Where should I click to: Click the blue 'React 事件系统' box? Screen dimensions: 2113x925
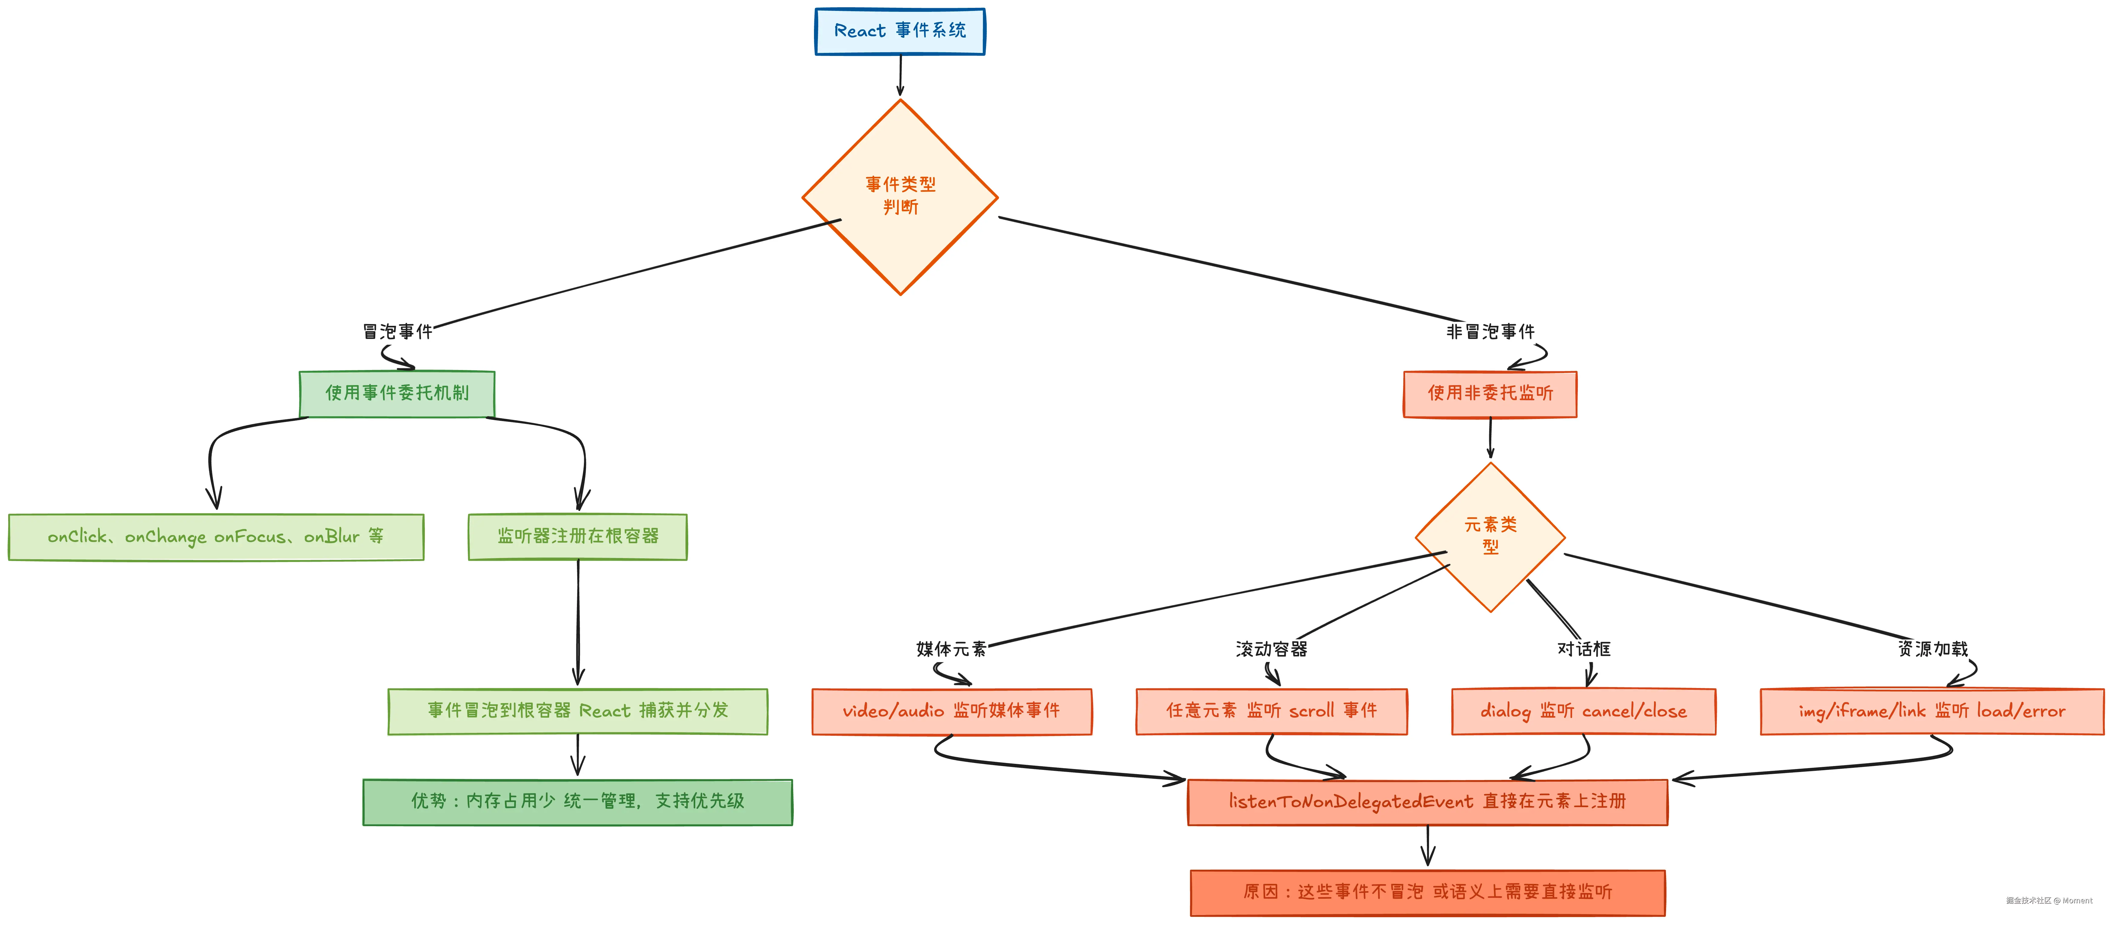(x=900, y=31)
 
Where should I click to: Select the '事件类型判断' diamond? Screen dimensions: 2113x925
(x=900, y=197)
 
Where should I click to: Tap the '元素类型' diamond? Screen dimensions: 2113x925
(x=1490, y=537)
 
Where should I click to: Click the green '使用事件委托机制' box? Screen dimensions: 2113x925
(x=397, y=394)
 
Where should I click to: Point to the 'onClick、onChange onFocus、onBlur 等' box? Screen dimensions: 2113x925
(x=216, y=537)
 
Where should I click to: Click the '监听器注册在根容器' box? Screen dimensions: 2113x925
(x=578, y=537)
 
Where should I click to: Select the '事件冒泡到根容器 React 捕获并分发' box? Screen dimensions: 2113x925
(x=578, y=711)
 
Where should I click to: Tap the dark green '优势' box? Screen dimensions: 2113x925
(x=578, y=802)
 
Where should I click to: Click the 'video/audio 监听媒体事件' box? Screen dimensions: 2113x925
(x=952, y=711)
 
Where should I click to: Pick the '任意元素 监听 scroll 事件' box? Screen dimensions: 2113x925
(x=1271, y=711)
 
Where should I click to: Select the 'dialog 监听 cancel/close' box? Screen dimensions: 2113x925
(x=1583, y=711)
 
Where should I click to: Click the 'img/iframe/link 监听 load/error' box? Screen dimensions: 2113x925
(x=1932, y=711)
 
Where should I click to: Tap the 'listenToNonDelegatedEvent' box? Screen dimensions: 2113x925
(x=1427, y=802)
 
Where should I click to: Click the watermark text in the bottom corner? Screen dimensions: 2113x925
(x=2049, y=901)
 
